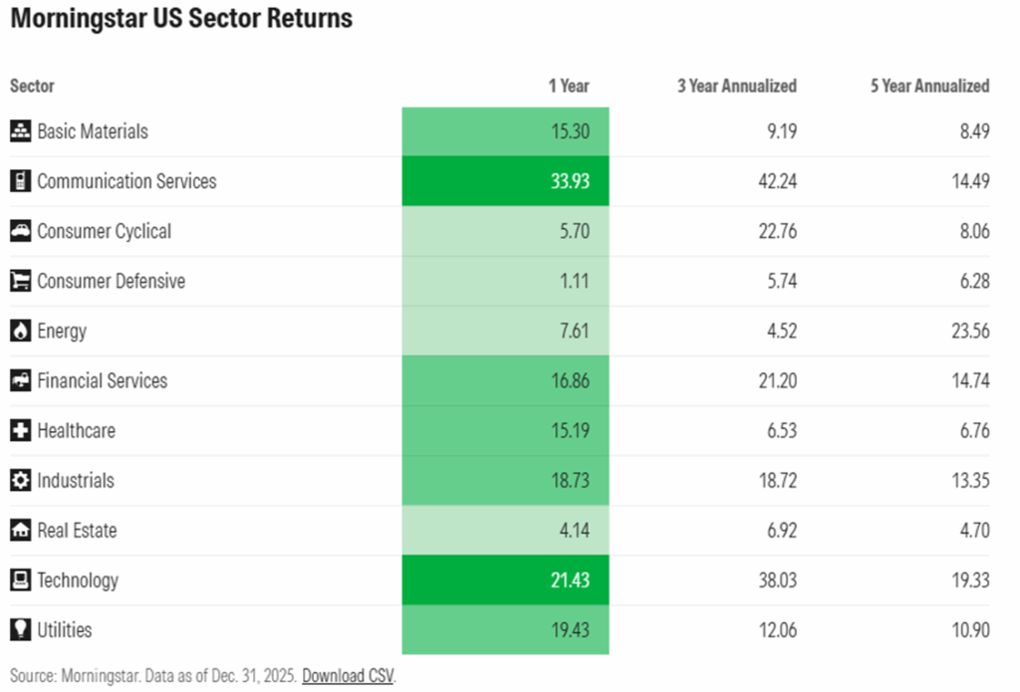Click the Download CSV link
349,675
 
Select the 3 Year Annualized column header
736,86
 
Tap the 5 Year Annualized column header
929,86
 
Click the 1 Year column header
569,86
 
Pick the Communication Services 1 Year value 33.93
569,181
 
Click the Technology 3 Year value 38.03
773,579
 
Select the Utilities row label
65,629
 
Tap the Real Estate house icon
20,530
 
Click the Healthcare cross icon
20,430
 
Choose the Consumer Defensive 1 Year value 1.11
573,281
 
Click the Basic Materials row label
93,131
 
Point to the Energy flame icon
20,331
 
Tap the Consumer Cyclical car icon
20,231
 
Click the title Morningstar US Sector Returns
181,19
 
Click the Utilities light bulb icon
20,629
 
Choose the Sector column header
32,86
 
